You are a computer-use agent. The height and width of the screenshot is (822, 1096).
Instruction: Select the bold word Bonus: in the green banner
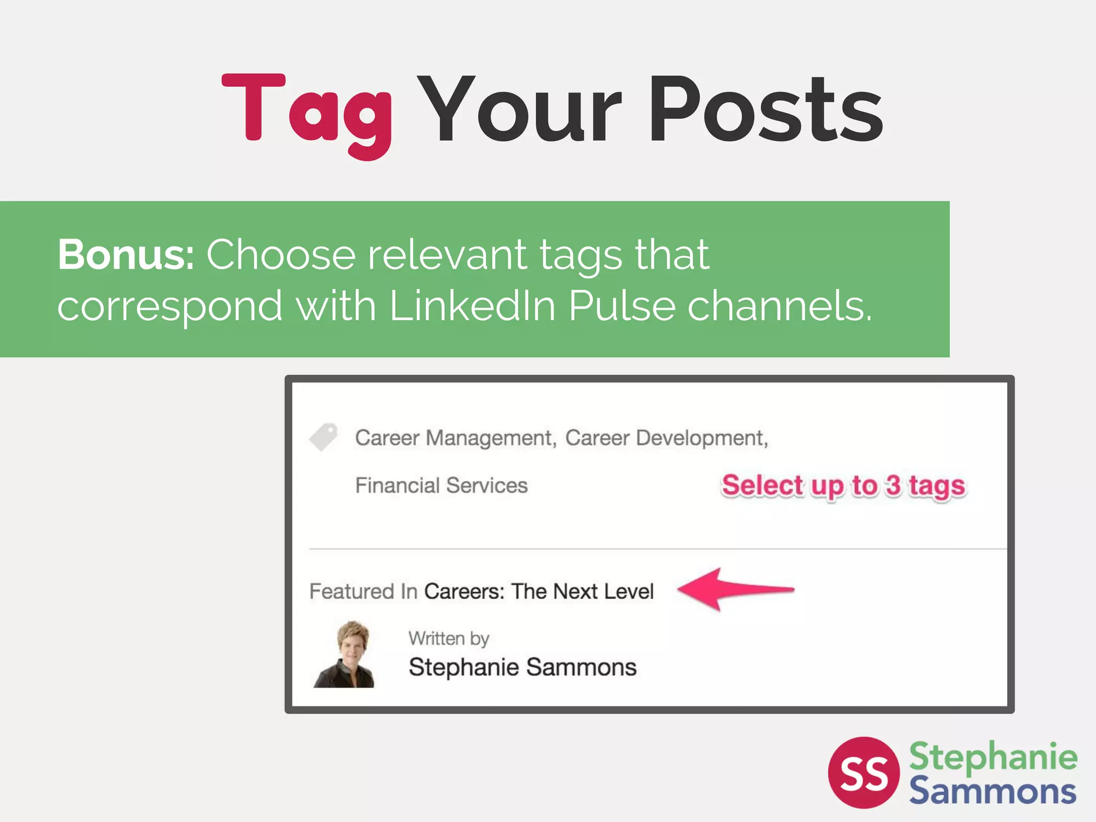click(x=126, y=255)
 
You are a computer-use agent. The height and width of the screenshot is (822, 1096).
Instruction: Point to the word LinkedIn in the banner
click(x=473, y=306)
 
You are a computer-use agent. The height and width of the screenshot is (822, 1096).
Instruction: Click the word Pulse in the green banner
click(x=622, y=306)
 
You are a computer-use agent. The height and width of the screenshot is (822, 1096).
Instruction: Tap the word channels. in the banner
click(x=780, y=306)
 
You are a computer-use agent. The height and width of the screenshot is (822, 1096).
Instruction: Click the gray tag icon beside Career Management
click(x=324, y=437)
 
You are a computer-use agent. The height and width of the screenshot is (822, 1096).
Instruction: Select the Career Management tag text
click(x=455, y=438)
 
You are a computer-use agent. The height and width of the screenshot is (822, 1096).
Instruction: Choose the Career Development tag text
click(x=666, y=438)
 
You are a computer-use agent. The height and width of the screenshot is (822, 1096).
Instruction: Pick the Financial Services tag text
click(x=442, y=485)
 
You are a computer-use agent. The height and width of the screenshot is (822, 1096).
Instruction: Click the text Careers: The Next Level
click(x=539, y=591)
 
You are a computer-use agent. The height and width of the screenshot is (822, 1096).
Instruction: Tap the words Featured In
click(x=363, y=591)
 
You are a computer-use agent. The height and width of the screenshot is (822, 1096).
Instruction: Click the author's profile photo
click(x=345, y=654)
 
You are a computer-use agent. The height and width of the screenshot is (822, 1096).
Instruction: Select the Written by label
click(x=449, y=638)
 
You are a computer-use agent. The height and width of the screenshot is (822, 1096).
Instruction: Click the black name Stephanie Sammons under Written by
click(x=522, y=667)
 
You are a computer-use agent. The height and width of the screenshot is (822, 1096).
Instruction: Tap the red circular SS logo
click(x=863, y=772)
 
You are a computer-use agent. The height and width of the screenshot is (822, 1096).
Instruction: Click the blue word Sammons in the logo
click(x=992, y=791)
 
